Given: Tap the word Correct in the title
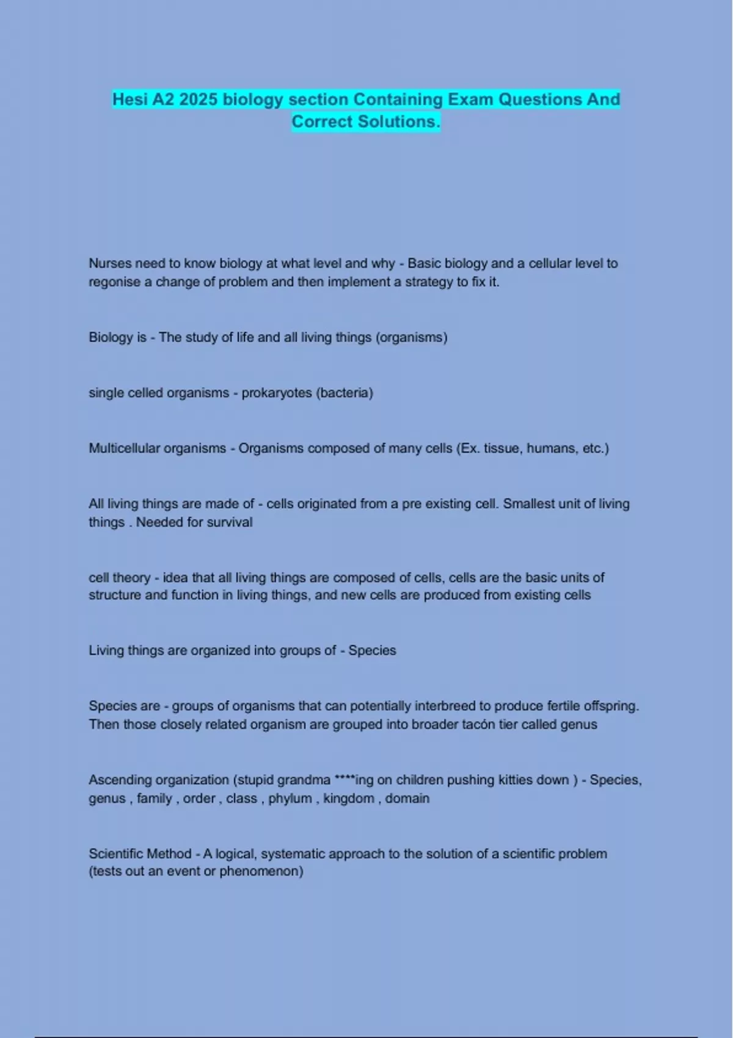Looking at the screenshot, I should tap(322, 122).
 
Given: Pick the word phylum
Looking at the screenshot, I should tap(290, 798).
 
